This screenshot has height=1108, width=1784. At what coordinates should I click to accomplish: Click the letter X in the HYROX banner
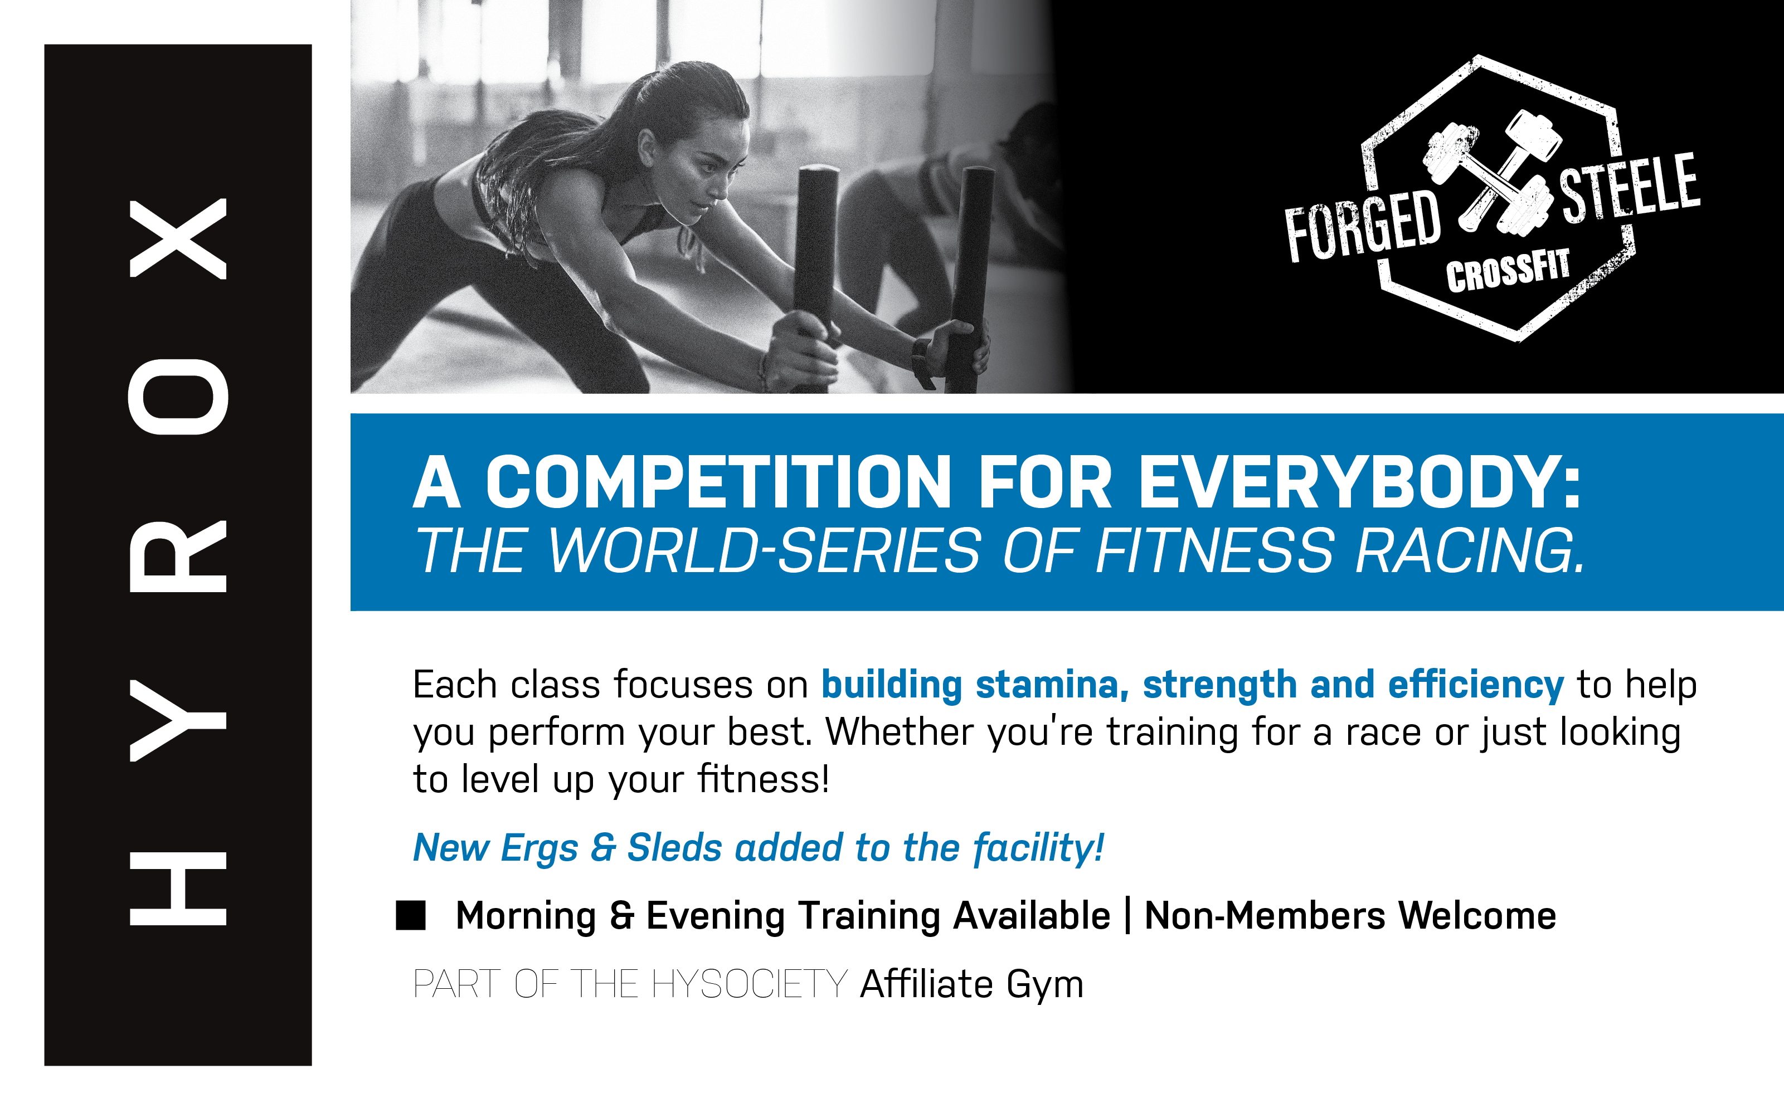tap(178, 239)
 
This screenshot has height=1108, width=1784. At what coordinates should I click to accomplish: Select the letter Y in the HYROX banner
tap(178, 720)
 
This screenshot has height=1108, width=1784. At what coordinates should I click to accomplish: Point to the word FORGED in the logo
tap(1363, 226)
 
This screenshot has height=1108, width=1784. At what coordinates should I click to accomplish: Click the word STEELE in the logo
tap(1629, 188)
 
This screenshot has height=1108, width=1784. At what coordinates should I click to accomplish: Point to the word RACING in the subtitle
tap(1470, 551)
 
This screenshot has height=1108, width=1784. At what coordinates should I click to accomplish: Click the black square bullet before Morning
tap(410, 915)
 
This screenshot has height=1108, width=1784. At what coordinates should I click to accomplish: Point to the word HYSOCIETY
tap(749, 984)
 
